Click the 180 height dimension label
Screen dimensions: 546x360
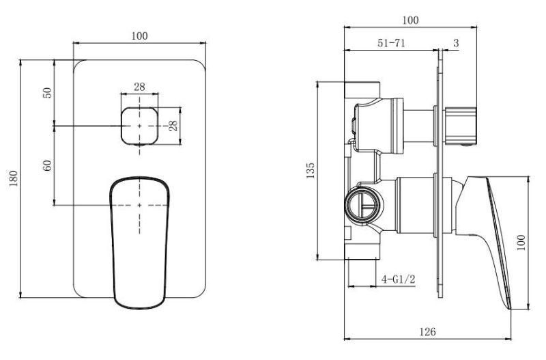pos(13,178)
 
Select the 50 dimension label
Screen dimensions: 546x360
pos(47,93)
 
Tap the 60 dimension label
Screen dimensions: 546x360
pos(47,165)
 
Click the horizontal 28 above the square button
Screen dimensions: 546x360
pos(139,87)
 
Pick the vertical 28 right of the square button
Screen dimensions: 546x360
pos(173,126)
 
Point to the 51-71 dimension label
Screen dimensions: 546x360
pos(391,43)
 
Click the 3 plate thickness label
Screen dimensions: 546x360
pos(456,43)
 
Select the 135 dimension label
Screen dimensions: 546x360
pos(311,170)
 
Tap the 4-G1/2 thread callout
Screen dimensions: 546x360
pos(399,279)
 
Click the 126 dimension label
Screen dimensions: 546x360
pos(427,331)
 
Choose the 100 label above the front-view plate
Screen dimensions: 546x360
pos(140,36)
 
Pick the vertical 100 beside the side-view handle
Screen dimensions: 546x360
pos(521,243)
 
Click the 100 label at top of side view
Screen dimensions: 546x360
pos(411,20)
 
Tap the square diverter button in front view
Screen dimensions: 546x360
pos(139,126)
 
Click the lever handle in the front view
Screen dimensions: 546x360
pos(140,243)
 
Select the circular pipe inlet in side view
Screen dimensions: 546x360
pos(364,207)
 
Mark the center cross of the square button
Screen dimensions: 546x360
pos(139,126)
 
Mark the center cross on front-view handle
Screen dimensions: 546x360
pos(139,205)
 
